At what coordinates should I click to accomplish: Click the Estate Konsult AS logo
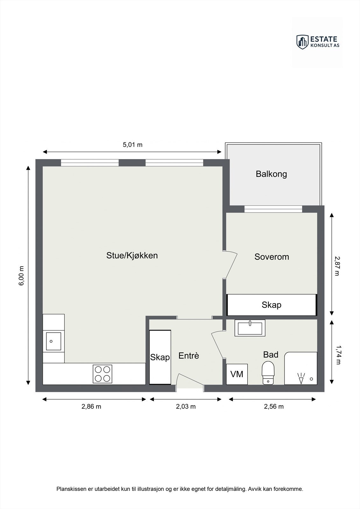pos(317,42)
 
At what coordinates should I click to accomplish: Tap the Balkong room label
pos(271,174)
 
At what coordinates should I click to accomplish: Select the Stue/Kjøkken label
pos(132,255)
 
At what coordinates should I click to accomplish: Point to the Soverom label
pos(272,257)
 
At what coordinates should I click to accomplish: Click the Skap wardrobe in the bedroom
pos(272,305)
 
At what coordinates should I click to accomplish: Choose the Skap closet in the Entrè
pos(160,357)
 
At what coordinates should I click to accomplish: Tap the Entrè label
pos(189,356)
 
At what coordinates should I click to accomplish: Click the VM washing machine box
pos(237,374)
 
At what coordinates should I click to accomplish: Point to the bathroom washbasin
pos(250,328)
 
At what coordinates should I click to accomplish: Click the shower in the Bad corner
pos(301,368)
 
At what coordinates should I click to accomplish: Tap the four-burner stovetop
pos(102,374)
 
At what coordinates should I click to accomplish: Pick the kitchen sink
pos(53,341)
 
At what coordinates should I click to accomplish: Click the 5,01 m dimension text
pos(132,145)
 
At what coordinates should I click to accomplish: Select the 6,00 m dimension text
pos(21,275)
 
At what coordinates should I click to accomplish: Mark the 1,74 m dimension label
pos(338,355)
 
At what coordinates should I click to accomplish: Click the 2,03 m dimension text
pos(186,407)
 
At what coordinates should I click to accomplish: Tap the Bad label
pos(271,354)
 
